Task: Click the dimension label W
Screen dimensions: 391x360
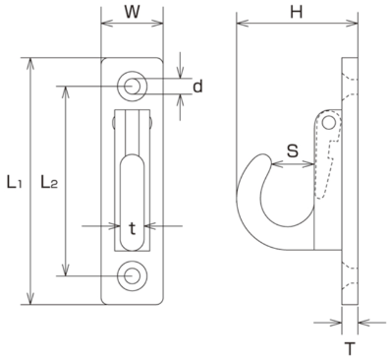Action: point(132,12)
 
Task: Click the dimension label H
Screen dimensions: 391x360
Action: point(297,12)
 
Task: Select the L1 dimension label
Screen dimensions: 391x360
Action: point(15,182)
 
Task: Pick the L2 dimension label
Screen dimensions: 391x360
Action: point(49,182)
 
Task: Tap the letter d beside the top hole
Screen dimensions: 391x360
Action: point(197,87)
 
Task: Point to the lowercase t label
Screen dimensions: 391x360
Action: point(132,229)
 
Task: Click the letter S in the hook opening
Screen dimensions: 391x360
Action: point(293,151)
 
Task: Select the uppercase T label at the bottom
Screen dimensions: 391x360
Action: point(350,348)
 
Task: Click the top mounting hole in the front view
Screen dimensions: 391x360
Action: point(133,87)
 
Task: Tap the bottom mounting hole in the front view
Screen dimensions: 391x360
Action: point(133,275)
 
